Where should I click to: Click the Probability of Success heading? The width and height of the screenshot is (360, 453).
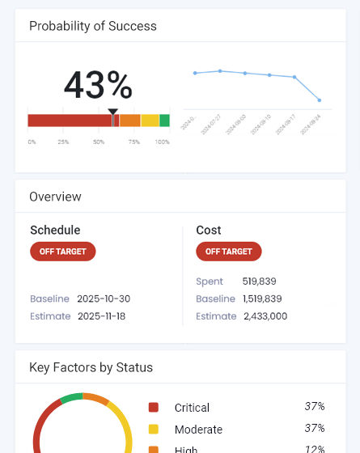(93, 26)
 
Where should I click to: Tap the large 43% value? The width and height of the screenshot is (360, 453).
(98, 85)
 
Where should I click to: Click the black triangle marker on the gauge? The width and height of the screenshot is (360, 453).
(112, 112)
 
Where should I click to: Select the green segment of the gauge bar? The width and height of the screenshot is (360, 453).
(164, 121)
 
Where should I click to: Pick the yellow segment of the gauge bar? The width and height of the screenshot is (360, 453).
(150, 121)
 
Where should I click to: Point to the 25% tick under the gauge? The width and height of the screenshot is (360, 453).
(63, 142)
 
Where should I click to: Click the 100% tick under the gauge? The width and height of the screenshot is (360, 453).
(162, 142)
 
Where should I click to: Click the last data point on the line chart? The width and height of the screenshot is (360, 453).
(320, 100)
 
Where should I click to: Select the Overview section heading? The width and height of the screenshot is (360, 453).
(55, 197)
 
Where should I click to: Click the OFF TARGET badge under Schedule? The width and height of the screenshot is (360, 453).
(63, 252)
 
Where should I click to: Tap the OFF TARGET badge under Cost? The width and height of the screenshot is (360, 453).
(229, 252)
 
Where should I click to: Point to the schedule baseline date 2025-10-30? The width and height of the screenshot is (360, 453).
(104, 298)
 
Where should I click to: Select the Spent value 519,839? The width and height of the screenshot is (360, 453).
(260, 282)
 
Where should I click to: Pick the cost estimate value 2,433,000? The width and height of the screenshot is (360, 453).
(265, 316)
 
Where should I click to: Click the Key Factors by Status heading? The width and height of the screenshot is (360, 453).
(91, 367)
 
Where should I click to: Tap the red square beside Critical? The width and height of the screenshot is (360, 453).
(154, 408)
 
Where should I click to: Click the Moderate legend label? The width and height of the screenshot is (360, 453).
(198, 430)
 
